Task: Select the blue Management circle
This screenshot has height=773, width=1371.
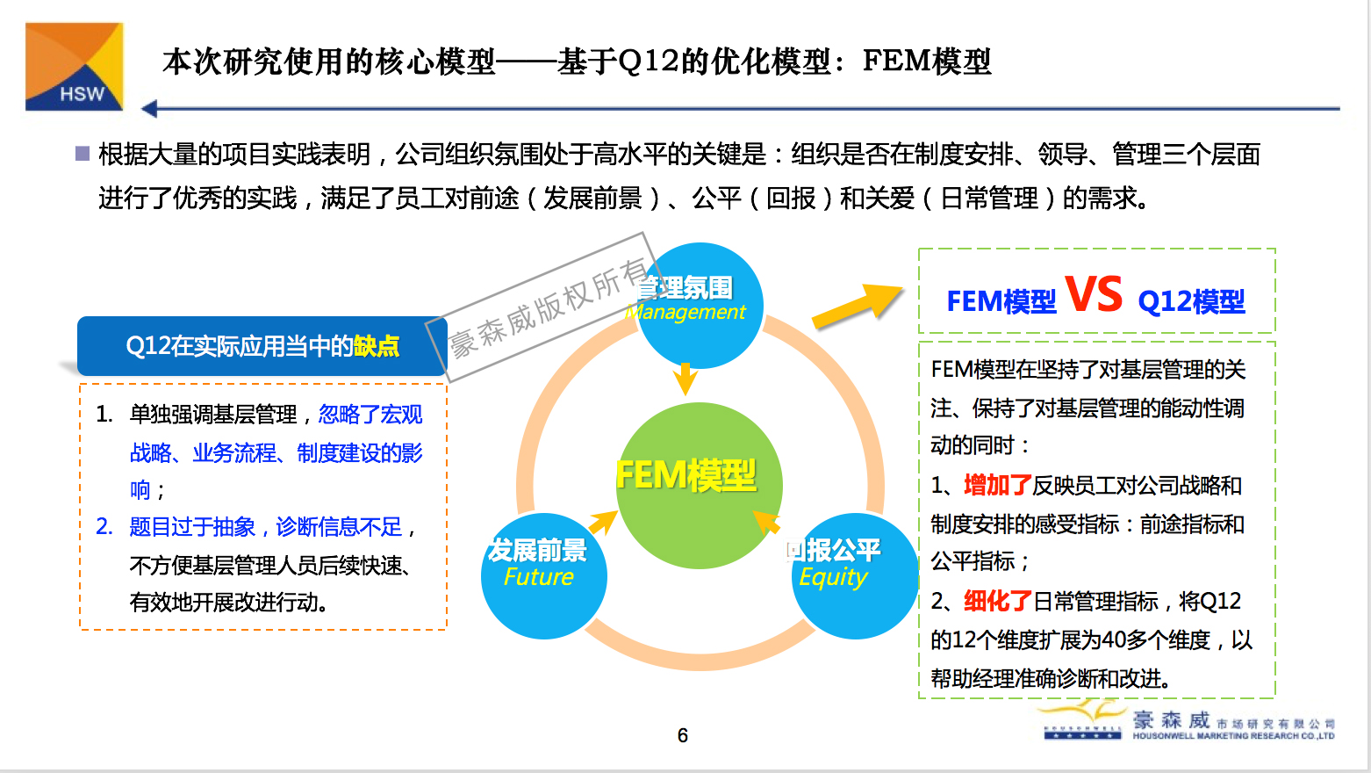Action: coord(700,305)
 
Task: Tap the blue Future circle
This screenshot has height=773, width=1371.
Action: coord(543,575)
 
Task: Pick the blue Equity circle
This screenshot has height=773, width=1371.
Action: coord(854,575)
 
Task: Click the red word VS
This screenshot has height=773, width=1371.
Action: coord(1094,294)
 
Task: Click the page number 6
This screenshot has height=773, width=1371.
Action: coord(683,735)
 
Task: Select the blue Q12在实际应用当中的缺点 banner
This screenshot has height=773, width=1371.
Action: coord(262,346)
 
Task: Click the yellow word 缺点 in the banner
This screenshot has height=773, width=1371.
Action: coord(377,347)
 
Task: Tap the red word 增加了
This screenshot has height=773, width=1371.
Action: coord(998,485)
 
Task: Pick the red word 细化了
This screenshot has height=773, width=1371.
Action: coord(998,601)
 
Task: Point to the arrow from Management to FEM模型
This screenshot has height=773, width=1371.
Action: coord(685,379)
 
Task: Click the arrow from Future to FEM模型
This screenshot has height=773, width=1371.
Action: coord(603,522)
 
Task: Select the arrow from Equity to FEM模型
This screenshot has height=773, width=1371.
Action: coord(767,521)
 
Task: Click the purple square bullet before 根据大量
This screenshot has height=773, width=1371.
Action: coord(83,154)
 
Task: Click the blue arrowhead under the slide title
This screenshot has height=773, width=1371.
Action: coord(149,109)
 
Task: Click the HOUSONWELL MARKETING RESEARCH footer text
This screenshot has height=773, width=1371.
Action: coord(1232,736)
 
